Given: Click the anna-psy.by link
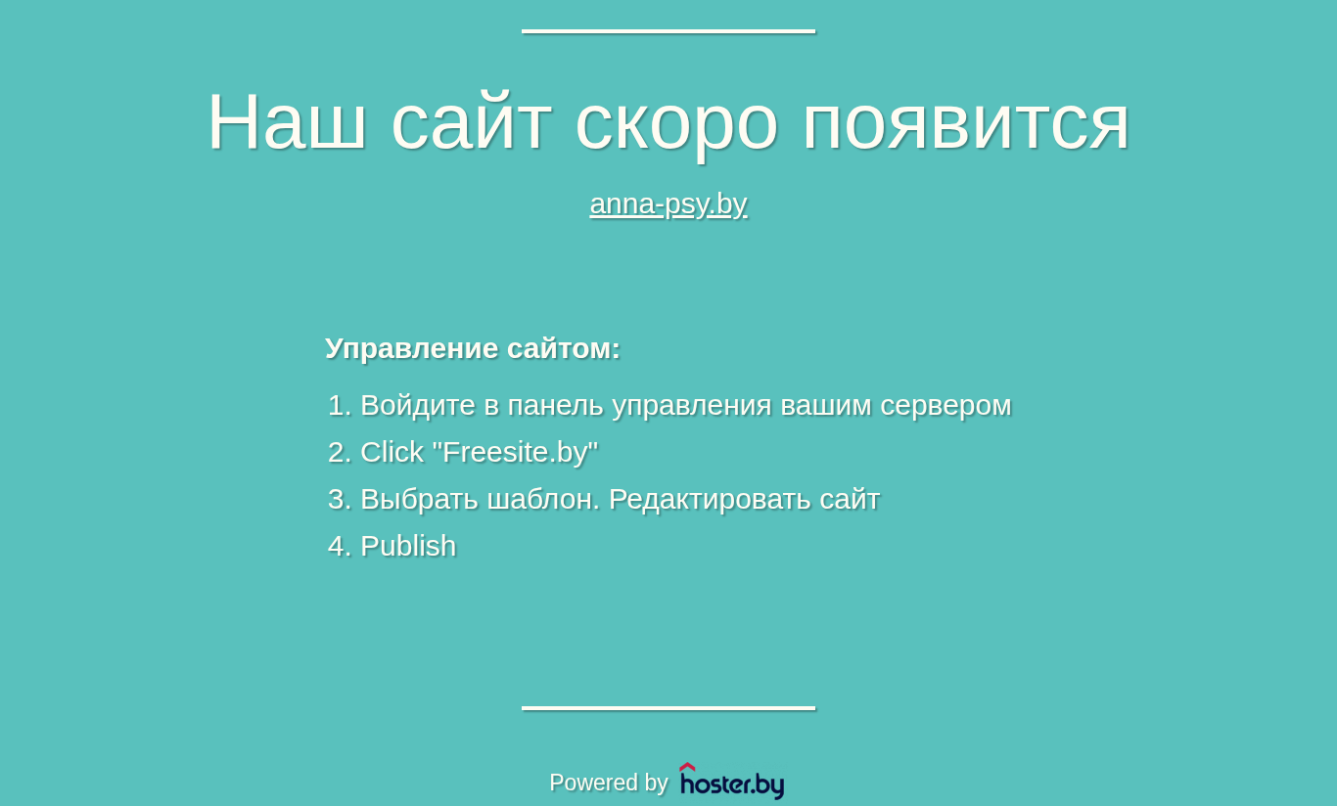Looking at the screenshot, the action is (668, 204).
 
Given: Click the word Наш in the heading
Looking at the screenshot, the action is (287, 121).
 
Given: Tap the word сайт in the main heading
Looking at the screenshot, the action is (471, 121).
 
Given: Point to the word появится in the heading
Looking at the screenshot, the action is (966, 126).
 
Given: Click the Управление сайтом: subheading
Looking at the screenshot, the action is (473, 348).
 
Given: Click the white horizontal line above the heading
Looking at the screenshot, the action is (668, 31).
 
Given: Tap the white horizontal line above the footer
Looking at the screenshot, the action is (668, 708).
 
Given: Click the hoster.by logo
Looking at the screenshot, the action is (732, 781).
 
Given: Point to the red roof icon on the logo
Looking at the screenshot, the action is (687, 767).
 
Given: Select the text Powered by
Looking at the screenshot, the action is (608, 783).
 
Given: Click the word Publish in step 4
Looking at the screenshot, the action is (408, 546).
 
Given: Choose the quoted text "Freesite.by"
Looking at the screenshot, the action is (515, 452).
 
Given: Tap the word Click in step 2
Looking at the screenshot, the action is (392, 452).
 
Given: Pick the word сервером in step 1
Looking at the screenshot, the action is (946, 407).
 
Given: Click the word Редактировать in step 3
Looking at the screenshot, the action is (710, 500).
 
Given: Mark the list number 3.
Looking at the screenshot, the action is (339, 500).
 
